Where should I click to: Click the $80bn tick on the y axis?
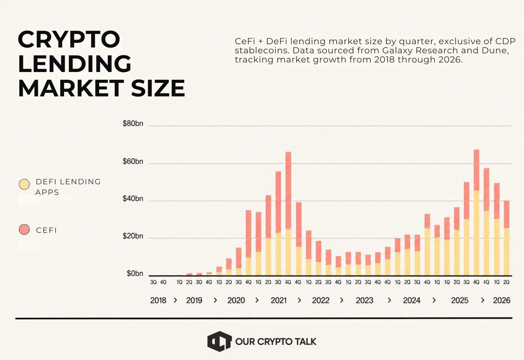point(133,123)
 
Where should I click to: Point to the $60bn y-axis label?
point(133,161)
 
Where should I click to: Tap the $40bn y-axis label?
point(133,199)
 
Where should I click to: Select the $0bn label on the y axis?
point(135,273)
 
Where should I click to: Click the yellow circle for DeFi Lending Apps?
point(24,184)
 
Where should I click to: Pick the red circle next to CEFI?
point(24,230)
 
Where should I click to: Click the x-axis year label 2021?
point(279,300)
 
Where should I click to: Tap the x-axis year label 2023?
point(365,300)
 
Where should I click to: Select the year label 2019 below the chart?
point(194,300)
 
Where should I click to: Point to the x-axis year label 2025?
point(460,300)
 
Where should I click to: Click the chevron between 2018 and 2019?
point(176,300)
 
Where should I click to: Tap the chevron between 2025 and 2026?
point(483,300)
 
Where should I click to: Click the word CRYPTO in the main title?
point(69,39)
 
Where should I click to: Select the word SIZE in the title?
point(158,88)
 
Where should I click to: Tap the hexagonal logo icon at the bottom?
point(219,341)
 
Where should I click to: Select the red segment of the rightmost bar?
point(507,214)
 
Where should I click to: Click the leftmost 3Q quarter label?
point(153,282)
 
